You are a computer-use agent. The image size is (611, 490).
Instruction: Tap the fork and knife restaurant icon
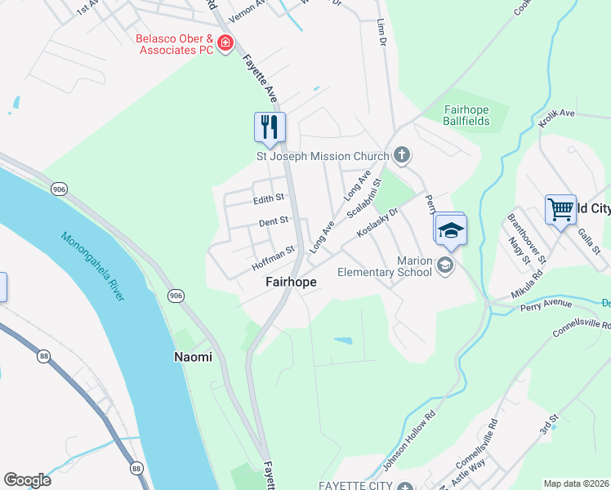coord(270,127)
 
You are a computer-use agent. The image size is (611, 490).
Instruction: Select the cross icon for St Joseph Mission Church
coord(401,154)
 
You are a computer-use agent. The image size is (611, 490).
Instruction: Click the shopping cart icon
coord(560,209)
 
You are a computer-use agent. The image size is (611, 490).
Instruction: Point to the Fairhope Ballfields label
coord(466,115)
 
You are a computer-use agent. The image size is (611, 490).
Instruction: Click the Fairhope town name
coord(291,282)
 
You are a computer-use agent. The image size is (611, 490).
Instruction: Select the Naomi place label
coord(193,357)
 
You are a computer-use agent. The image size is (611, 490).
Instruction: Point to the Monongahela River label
coord(92,266)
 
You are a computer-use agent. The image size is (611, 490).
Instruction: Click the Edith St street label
coord(269,198)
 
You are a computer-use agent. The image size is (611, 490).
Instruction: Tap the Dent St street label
coord(274,221)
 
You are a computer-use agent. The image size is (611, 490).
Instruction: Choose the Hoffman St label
coord(273,255)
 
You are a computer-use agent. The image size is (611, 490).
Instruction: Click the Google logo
coord(27,480)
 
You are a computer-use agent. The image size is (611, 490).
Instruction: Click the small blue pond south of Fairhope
coord(343,340)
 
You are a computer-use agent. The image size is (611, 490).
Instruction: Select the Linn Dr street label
coord(380,34)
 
